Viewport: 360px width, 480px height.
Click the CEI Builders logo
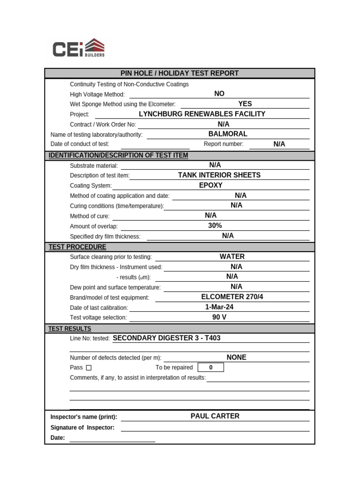point(78,49)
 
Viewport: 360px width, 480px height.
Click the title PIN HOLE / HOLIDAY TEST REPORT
point(180,73)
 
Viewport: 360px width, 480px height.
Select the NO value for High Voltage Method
point(219,94)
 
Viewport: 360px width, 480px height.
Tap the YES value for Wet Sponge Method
point(245,104)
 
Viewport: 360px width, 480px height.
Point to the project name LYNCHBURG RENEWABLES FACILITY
point(202,114)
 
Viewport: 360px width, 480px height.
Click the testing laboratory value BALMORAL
point(228,134)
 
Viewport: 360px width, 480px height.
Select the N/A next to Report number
point(279,144)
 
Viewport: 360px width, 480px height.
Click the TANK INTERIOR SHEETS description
point(219,175)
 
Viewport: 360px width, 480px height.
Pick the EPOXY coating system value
point(210,185)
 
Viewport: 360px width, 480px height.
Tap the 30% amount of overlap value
point(215,225)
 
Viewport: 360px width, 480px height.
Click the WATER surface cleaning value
point(232,256)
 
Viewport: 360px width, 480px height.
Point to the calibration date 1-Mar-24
point(219,307)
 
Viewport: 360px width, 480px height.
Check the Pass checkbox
point(89,368)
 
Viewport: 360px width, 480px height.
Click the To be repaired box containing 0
point(210,367)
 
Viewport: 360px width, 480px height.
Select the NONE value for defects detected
point(236,357)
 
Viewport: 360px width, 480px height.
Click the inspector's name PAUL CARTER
point(215,416)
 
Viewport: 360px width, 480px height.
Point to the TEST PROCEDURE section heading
point(77,247)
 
